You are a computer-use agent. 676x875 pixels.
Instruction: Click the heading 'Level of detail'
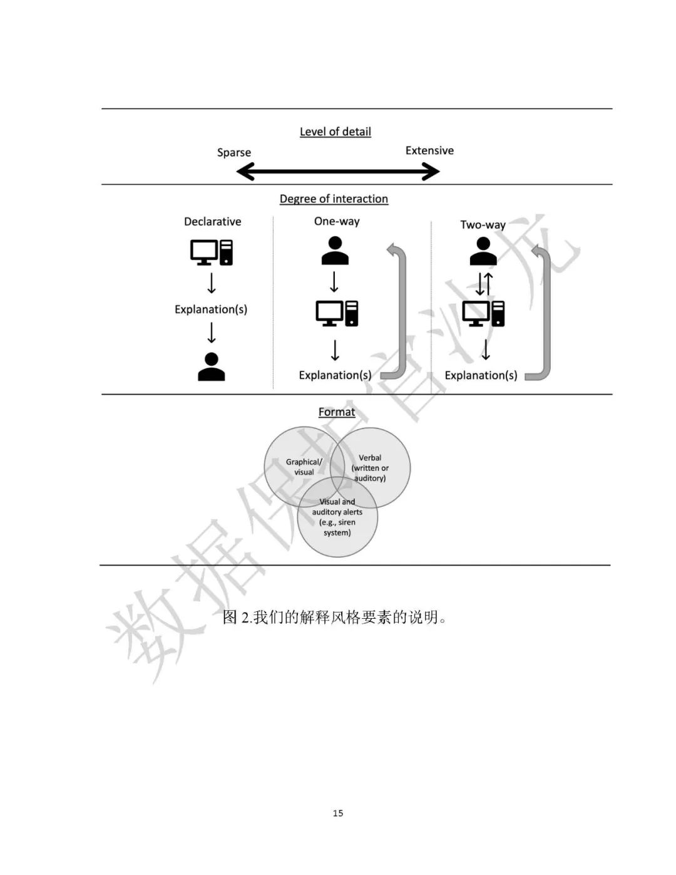tap(335, 132)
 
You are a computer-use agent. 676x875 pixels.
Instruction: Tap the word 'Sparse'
tap(233, 152)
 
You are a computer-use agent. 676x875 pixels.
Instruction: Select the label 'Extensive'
tap(429, 150)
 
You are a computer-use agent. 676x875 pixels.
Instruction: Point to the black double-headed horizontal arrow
tap(338, 171)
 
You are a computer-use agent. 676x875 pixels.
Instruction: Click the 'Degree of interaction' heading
tap(334, 199)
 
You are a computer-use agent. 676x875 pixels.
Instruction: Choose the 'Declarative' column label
tap(212, 221)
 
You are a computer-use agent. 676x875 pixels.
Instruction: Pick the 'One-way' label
tap(337, 221)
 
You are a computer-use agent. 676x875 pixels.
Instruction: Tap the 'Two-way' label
tap(483, 224)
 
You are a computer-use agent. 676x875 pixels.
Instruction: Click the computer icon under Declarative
tap(212, 252)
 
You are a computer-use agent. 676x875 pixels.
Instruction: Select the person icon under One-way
tap(335, 251)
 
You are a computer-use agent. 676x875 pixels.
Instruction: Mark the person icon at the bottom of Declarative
tap(212, 366)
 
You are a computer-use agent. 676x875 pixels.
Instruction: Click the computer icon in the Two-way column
tap(483, 313)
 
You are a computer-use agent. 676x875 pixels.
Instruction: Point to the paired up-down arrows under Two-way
tap(484, 284)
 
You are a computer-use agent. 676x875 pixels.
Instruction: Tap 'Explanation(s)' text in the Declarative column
tap(211, 309)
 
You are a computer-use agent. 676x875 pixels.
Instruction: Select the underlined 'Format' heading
tap(337, 412)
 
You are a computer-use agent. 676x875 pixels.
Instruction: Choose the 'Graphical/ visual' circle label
tap(304, 467)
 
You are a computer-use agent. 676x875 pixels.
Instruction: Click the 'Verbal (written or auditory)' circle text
tap(370, 468)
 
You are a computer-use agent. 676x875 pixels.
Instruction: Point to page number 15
tap(338, 813)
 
